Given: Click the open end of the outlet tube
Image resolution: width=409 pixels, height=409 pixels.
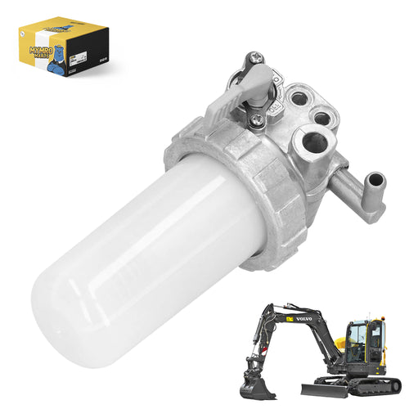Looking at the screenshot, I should [x=377, y=179].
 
